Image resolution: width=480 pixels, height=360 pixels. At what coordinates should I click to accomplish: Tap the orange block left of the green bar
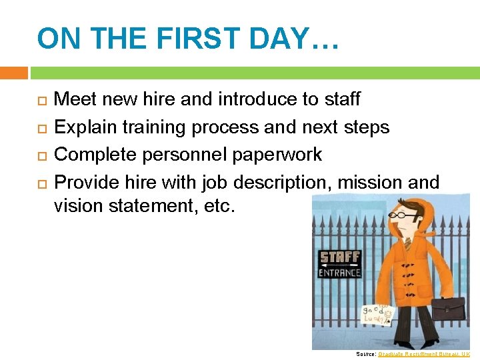(13, 72)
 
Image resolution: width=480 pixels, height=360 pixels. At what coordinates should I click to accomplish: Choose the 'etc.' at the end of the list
(219, 205)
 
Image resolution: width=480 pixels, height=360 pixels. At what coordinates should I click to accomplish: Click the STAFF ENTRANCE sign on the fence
(340, 264)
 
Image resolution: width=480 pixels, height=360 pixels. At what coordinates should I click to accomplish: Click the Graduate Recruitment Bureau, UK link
(424, 354)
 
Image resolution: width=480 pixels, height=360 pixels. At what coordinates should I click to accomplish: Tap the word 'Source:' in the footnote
(365, 354)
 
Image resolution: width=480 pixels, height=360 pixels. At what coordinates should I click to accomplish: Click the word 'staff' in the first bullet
(341, 99)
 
